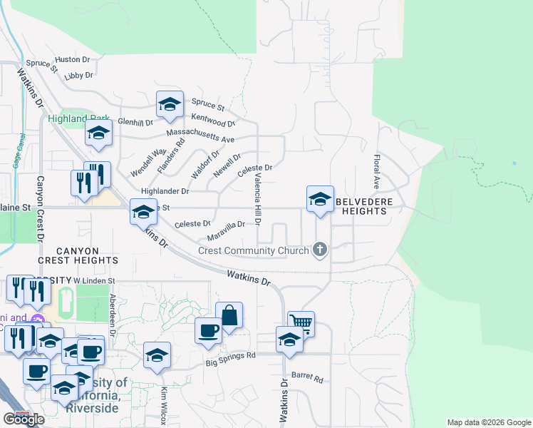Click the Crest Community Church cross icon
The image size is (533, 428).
point(321,250)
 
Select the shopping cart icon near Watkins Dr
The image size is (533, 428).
point(301,322)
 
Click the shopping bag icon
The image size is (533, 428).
point(229,315)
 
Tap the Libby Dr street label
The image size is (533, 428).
point(78,75)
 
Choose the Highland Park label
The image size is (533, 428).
point(78,119)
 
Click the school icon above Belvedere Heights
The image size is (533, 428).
point(320,198)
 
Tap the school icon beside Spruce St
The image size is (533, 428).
point(170,104)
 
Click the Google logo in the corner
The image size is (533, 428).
point(23,419)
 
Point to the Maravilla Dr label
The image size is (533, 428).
point(226,229)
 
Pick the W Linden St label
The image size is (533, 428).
point(94,281)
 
